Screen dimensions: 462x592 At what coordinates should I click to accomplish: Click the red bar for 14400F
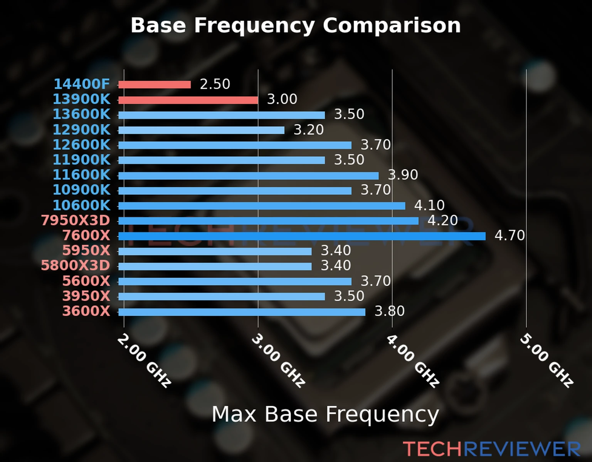(x=154, y=85)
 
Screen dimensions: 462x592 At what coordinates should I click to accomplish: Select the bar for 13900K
(x=188, y=100)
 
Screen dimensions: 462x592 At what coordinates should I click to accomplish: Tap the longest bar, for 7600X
(x=302, y=236)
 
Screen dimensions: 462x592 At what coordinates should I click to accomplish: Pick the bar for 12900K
(x=201, y=130)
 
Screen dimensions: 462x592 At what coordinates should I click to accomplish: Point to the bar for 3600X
(x=242, y=312)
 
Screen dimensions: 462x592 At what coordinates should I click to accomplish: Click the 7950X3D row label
(x=76, y=221)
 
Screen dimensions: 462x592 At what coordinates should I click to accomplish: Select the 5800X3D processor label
(x=76, y=266)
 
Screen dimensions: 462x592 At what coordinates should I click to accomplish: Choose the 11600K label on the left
(x=81, y=175)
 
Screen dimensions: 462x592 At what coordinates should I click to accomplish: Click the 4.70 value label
(x=510, y=235)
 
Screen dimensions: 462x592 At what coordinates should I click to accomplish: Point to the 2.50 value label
(x=215, y=84)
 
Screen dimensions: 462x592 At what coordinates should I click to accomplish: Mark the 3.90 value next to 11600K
(x=403, y=175)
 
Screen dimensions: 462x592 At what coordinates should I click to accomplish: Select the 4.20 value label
(x=442, y=221)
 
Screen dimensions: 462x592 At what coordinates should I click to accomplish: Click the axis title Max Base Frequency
(x=325, y=415)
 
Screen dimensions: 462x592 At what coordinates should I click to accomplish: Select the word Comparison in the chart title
(x=392, y=25)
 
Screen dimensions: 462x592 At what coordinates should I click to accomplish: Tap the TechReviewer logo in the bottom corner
(x=491, y=449)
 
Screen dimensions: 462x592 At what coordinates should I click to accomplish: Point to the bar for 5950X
(x=215, y=251)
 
